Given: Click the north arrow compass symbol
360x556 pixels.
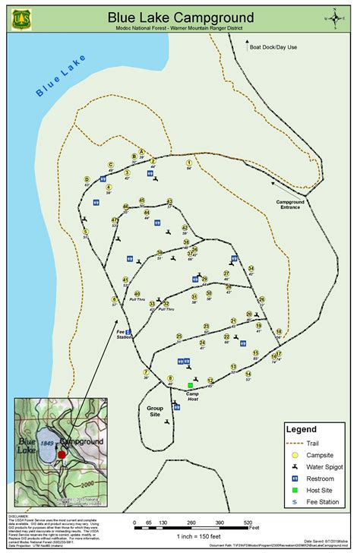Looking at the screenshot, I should [334, 17].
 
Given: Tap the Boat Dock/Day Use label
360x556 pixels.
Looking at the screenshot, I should [273, 47].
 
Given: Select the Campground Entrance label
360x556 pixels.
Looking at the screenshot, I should [289, 204].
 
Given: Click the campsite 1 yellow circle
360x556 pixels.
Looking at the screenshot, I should [188, 163].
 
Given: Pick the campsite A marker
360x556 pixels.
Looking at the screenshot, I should [141, 152].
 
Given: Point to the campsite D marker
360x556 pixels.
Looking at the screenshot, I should [87, 179].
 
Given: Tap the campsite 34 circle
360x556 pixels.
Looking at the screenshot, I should [251, 267].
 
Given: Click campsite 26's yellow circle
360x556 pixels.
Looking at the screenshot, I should [262, 299].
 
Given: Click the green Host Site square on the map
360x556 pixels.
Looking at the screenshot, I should [191, 385].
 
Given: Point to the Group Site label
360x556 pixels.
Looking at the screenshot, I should [155, 411].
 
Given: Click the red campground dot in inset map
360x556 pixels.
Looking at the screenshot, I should [62, 454].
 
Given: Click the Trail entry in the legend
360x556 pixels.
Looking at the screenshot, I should [311, 443].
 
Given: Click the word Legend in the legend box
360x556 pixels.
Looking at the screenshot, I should [301, 429].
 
